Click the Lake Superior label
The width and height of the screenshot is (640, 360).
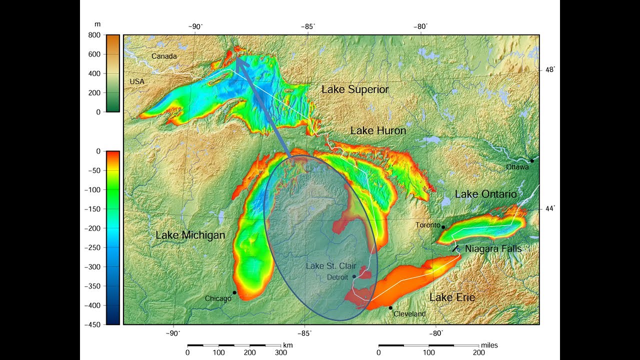[354, 89]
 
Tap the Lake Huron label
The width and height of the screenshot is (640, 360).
[378, 130]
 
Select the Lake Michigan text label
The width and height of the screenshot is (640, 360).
[190, 235]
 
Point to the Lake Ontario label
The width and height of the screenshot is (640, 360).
[485, 194]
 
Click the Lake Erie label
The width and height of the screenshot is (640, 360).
[452, 298]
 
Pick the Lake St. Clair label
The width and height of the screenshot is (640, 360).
[330, 266]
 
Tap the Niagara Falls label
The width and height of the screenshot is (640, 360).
[493, 248]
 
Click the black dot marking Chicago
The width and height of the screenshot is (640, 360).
[234, 292]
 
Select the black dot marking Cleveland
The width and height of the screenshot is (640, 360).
[390, 307]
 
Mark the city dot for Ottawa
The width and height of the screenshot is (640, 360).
[532, 160]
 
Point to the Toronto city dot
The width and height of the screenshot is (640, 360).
[443, 227]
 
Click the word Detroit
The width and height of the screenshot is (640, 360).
[337, 277]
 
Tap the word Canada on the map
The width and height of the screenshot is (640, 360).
[164, 56]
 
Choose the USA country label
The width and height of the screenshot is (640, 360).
[137, 81]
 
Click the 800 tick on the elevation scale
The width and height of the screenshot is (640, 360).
[95, 35]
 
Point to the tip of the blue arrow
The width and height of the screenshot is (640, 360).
[236, 58]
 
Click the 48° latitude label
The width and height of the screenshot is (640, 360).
[550, 69]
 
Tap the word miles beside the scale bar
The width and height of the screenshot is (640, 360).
[489, 345]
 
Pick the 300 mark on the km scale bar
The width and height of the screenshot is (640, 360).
[281, 352]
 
